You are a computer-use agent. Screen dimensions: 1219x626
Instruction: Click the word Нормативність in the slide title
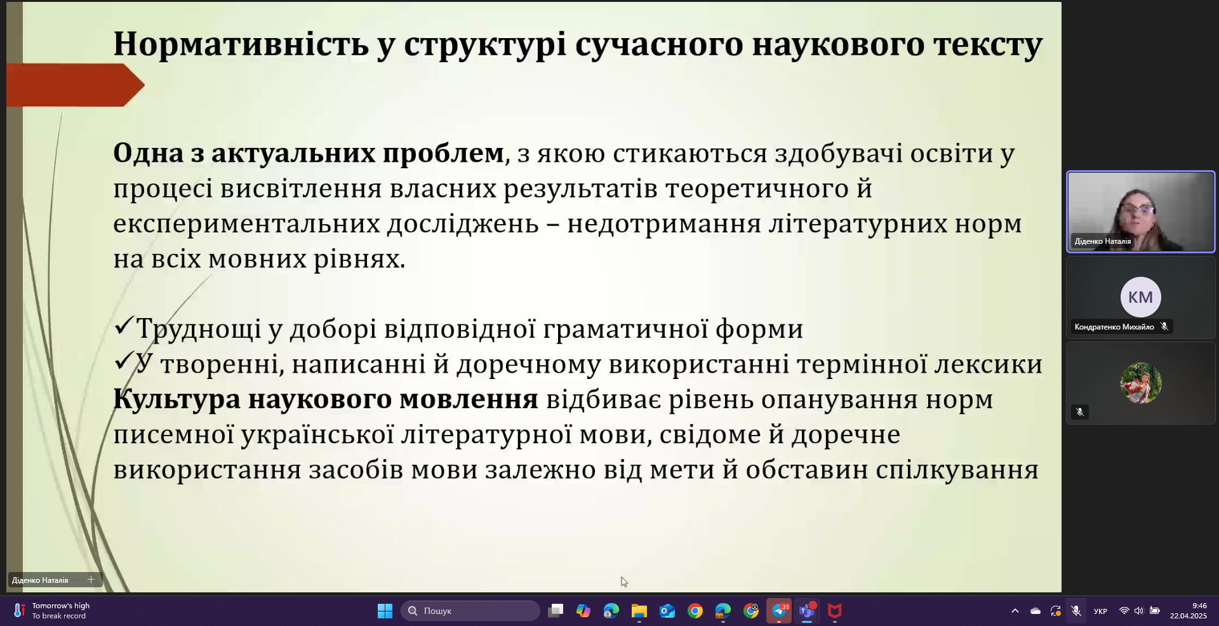(x=241, y=44)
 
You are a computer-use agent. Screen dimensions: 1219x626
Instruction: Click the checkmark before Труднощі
(x=123, y=327)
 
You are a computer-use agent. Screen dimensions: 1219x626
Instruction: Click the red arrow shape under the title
(x=75, y=85)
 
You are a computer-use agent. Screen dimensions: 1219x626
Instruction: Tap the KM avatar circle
(x=1140, y=297)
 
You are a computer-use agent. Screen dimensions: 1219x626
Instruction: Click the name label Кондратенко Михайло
(x=1114, y=327)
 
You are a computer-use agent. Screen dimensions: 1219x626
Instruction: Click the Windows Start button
(x=385, y=611)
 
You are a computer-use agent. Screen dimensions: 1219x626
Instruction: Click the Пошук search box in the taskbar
(x=470, y=611)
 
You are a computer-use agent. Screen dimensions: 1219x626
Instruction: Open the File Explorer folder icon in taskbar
(x=639, y=611)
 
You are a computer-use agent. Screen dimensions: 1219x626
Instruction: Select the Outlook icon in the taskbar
(x=667, y=611)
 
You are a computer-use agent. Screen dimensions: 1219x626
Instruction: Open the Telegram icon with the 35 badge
(x=779, y=611)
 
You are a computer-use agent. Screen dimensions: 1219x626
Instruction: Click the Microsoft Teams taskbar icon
(x=807, y=611)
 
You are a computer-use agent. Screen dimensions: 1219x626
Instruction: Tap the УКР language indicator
(x=1100, y=611)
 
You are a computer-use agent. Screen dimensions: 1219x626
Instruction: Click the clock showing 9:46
(x=1199, y=606)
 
